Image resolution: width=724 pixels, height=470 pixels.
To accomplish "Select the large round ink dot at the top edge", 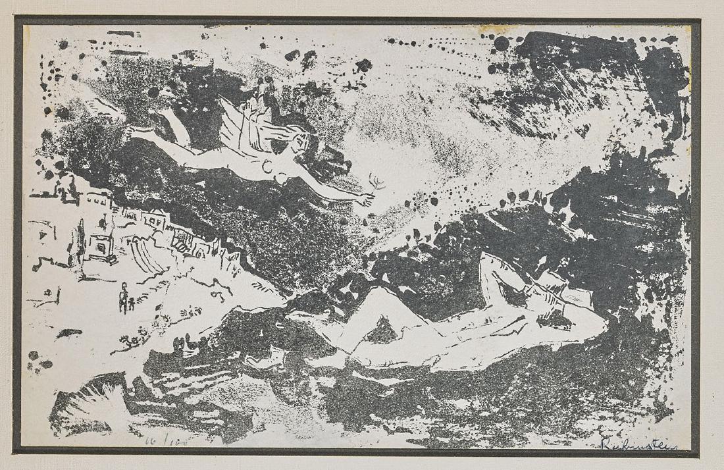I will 502,43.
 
